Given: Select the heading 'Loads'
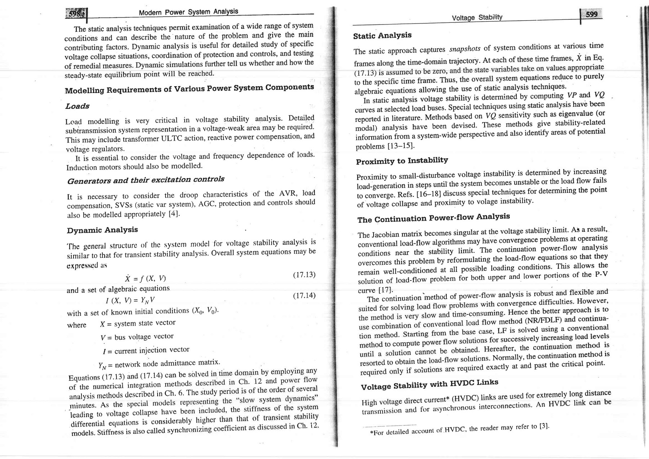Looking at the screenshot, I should (78, 106).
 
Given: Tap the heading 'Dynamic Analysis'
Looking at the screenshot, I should (103, 230).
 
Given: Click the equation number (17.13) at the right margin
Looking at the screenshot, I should (304, 275).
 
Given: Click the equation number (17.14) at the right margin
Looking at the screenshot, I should (304, 296).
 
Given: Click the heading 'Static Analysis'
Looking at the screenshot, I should (382, 35).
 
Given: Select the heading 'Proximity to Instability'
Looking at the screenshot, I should (402, 161).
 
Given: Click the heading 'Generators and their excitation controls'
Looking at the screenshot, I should (146, 180).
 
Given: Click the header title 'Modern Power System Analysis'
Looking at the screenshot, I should (188, 12).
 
